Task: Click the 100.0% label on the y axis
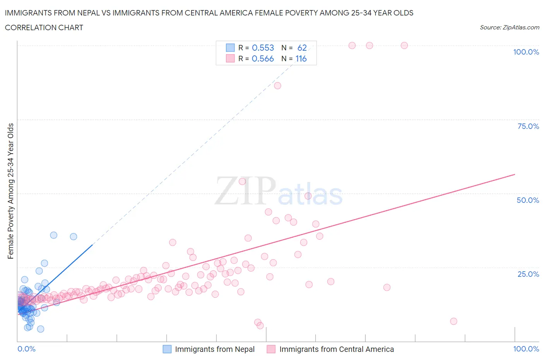click(x=526, y=52)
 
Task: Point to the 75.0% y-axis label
click(x=528, y=126)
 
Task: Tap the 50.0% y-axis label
click(x=528, y=200)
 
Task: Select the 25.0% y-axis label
click(x=528, y=274)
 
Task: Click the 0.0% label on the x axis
click(x=26, y=349)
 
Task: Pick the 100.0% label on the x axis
click(x=526, y=349)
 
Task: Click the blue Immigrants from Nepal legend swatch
click(x=167, y=349)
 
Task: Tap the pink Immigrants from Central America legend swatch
click(x=271, y=349)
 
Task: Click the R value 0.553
click(x=263, y=48)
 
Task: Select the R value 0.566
click(x=263, y=58)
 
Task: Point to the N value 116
click(x=301, y=58)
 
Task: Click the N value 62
click(x=302, y=48)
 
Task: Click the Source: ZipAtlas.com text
click(x=509, y=27)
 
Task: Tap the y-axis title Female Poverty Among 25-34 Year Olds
click(x=11, y=191)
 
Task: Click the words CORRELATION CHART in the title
click(x=44, y=27)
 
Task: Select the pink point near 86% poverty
click(x=277, y=86)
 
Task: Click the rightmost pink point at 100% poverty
click(x=404, y=45)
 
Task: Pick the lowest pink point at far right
click(x=453, y=321)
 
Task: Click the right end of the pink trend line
click(x=515, y=174)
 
